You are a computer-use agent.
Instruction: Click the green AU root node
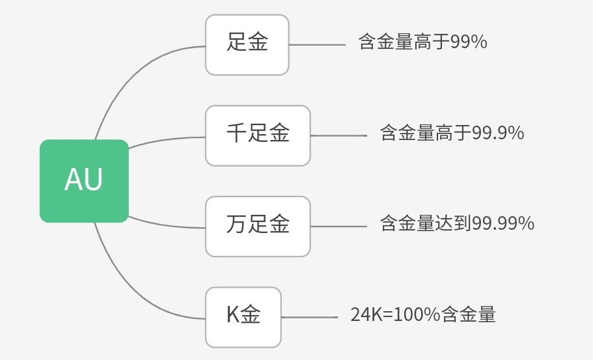pyautogui.click(x=84, y=181)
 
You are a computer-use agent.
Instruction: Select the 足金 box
pyautogui.click(x=247, y=44)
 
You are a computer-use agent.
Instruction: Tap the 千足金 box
pyautogui.click(x=258, y=135)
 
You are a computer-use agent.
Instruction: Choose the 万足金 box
pyautogui.click(x=258, y=226)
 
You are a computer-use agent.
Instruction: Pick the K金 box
pyautogui.click(x=243, y=316)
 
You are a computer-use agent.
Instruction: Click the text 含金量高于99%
pyautogui.click(x=422, y=43)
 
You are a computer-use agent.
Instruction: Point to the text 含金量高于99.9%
pyautogui.click(x=452, y=133)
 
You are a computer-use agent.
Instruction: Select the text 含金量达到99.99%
pyautogui.click(x=457, y=224)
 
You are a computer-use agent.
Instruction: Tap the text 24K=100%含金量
pyautogui.click(x=423, y=315)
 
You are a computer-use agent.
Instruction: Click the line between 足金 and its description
pyautogui.click(x=316, y=45)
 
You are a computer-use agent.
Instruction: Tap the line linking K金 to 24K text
pyautogui.click(x=309, y=318)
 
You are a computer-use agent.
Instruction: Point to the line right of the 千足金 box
pyautogui.click(x=338, y=135)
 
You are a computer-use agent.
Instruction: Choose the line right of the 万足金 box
pyautogui.click(x=338, y=227)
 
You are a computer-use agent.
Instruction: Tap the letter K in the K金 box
pyautogui.click(x=232, y=316)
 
